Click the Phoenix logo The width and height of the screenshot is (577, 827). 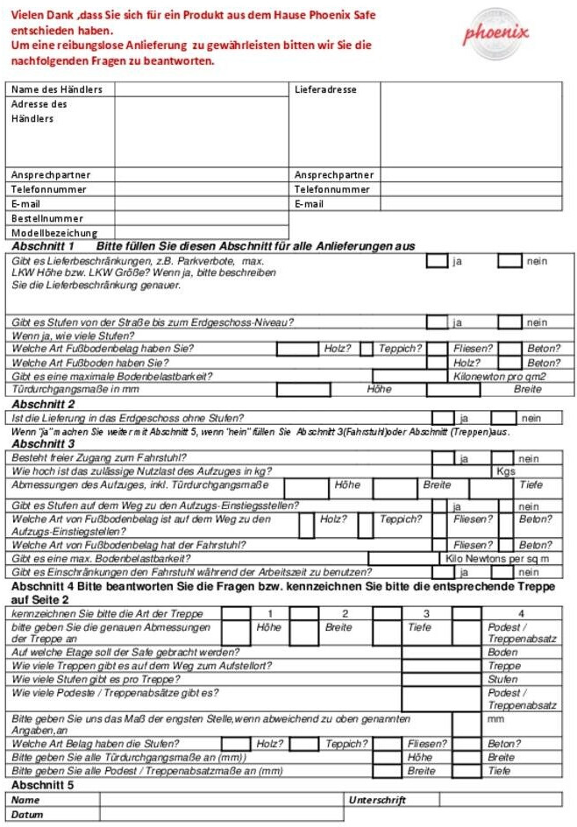pos(496,33)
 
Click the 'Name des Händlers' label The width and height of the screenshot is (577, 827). pos(57,89)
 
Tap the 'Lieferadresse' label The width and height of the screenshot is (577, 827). pos(326,89)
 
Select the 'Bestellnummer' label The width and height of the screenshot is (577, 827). pos(47,218)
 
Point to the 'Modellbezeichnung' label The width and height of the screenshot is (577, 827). pos(54,233)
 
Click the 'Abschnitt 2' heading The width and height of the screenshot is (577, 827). pos(43,404)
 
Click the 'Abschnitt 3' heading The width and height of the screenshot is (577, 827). pos(43,444)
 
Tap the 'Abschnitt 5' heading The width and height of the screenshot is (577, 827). pos(43,785)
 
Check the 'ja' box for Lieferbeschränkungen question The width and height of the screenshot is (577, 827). pos(437,261)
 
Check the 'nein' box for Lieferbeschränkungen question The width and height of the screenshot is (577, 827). pos(509,261)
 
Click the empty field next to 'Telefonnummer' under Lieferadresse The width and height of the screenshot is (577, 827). pos(471,189)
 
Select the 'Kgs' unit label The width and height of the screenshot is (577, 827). pos(506,471)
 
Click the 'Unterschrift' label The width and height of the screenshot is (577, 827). pos(377,800)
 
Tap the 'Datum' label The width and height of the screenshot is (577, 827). pos(27,814)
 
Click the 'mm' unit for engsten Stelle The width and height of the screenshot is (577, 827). pos(495,718)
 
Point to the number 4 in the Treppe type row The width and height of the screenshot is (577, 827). pos(520,613)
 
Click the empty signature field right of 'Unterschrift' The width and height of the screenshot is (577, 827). pos(500,800)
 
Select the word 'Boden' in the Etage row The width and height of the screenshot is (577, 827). pos(502,653)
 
